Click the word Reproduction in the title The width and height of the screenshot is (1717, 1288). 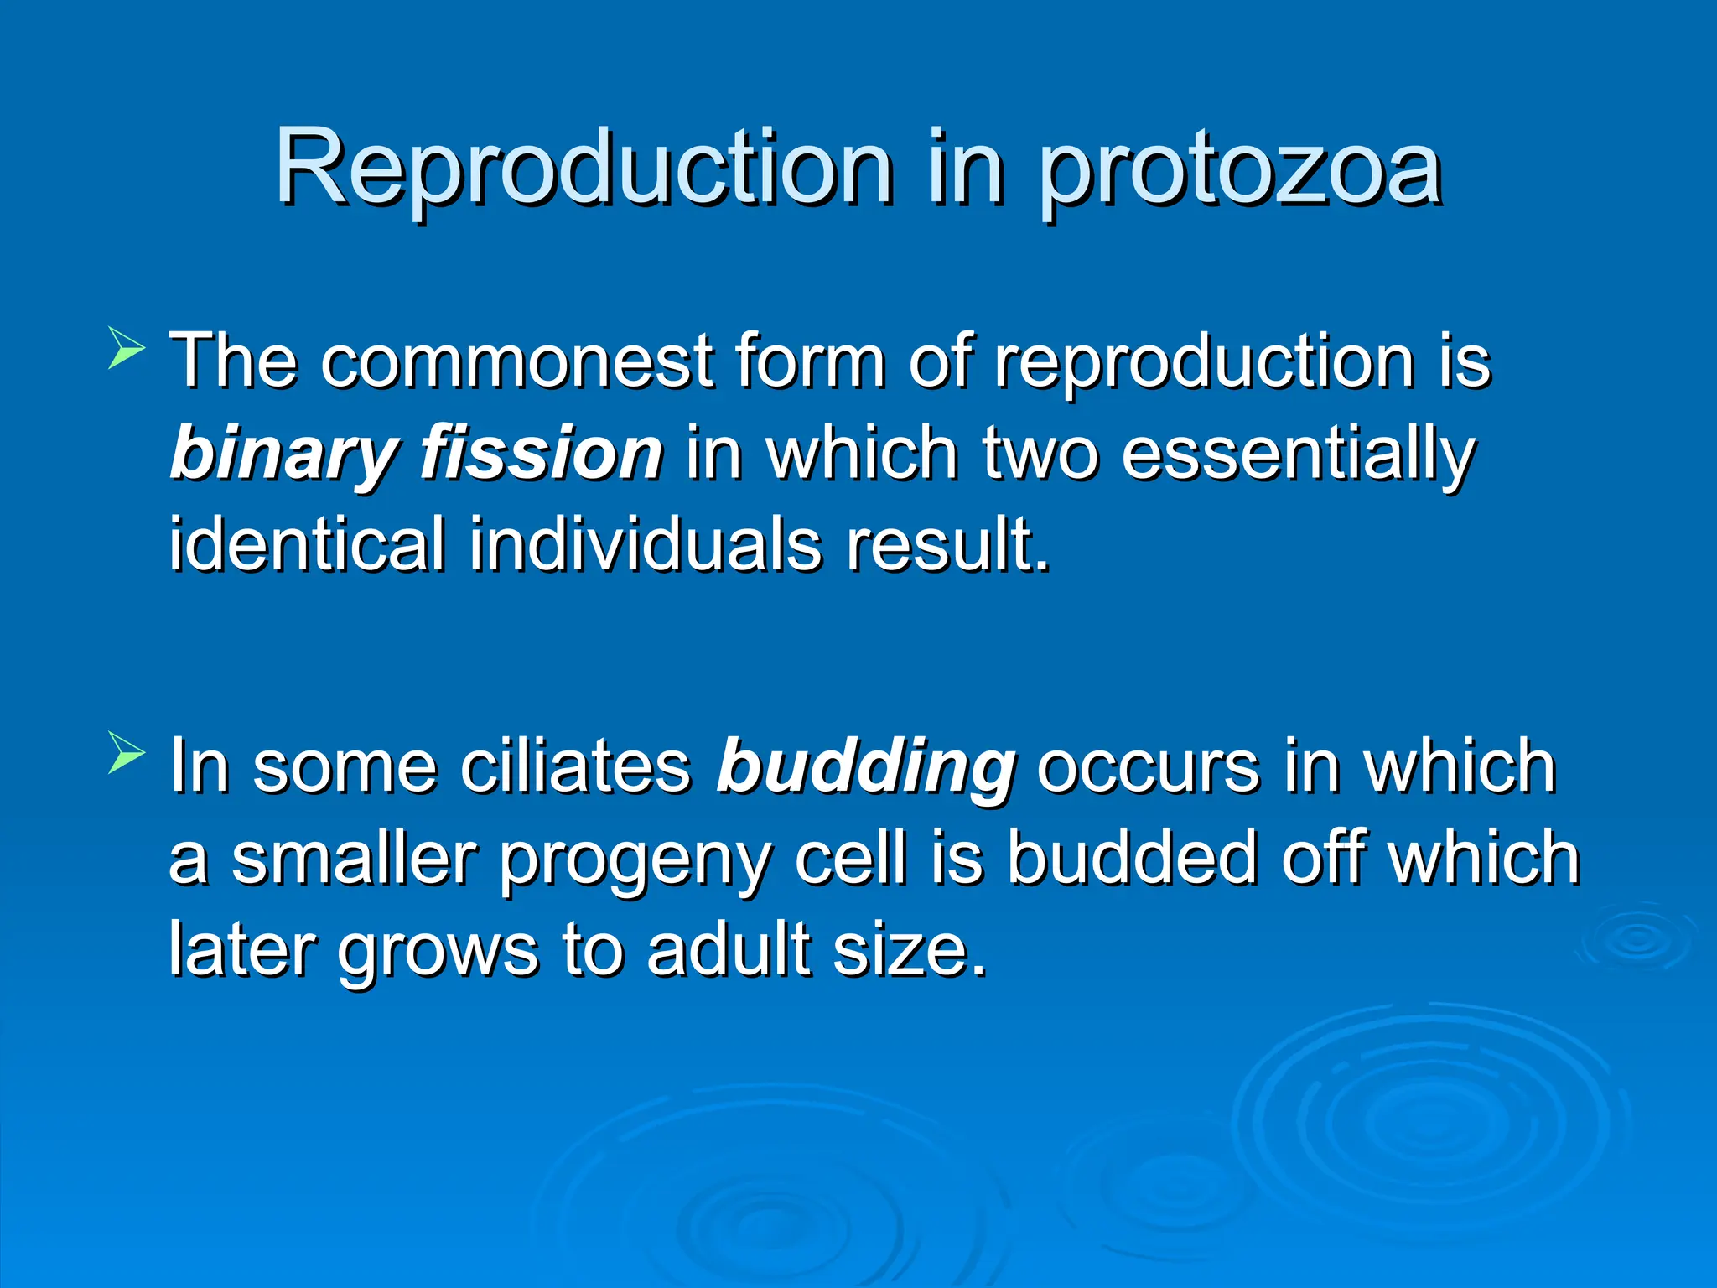tap(584, 168)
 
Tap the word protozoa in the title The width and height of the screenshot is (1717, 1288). tap(1241, 172)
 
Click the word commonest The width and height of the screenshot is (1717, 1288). tap(516, 361)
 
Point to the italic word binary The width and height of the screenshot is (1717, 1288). tap(282, 454)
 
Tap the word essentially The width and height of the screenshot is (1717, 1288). tap(1298, 454)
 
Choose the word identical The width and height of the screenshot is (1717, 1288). tap(307, 544)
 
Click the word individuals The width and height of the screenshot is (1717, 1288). tap(645, 544)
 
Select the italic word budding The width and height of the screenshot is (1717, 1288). tap(866, 768)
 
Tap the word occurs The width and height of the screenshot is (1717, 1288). tap(1148, 766)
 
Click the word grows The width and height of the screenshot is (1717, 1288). tap(437, 953)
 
